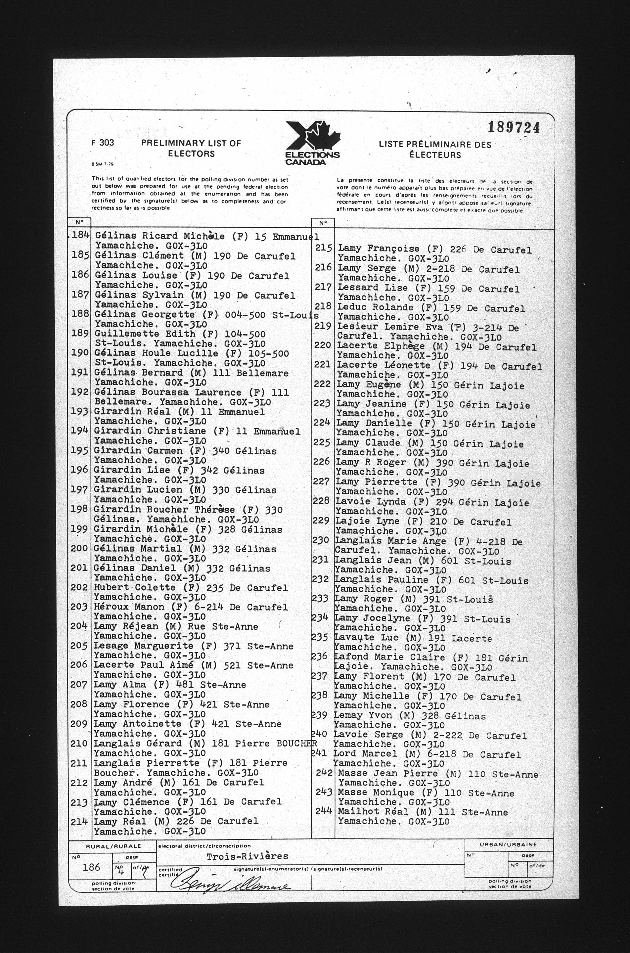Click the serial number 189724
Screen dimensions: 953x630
[x=513, y=128]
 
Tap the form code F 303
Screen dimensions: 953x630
[x=103, y=143]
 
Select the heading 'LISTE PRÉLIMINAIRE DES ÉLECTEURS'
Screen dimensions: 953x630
[x=435, y=150]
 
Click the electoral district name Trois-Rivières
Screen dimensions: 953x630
[x=247, y=856]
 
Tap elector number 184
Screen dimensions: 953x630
[x=80, y=235]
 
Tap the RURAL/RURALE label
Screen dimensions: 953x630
[x=114, y=846]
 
